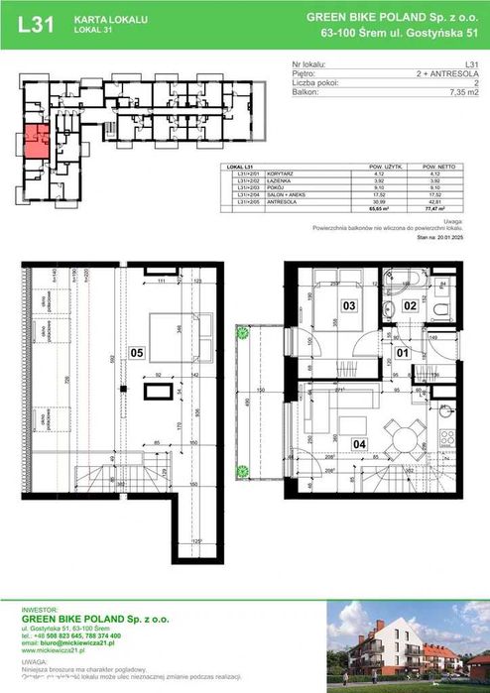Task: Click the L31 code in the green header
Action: [36, 27]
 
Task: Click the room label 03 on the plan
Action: [349, 307]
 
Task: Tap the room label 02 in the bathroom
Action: [410, 307]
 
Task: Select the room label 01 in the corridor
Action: [402, 351]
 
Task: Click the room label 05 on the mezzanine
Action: [137, 350]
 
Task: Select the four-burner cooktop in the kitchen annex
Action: [446, 437]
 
